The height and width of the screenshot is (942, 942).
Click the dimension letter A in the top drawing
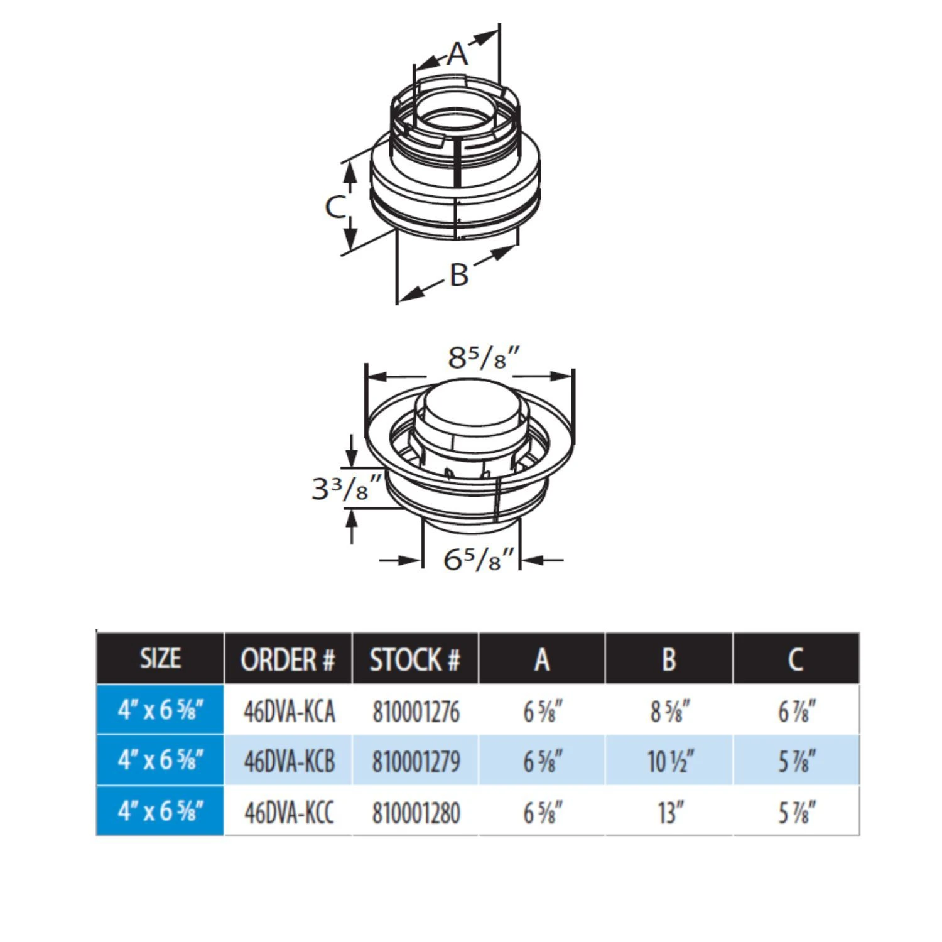point(458,54)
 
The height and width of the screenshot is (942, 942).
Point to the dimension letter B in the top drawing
point(459,274)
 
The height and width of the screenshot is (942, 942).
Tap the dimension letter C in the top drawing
point(335,206)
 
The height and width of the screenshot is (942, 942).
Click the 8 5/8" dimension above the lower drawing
point(484,358)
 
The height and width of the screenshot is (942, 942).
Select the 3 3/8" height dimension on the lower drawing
point(347,488)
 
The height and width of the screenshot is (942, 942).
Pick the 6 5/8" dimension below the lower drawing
point(479,559)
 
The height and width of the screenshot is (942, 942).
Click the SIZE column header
point(160,659)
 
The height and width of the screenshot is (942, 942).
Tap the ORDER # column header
point(288,659)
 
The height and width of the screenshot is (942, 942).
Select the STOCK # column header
point(415,659)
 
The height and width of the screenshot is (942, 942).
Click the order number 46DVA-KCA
point(289,712)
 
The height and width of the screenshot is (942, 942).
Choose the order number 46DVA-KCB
point(289,761)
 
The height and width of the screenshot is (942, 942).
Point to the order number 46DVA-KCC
point(289,812)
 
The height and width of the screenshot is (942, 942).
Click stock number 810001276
point(416,712)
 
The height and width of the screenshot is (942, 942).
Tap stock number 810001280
point(416,812)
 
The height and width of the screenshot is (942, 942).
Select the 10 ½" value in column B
point(670,761)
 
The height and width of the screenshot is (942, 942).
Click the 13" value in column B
point(670,812)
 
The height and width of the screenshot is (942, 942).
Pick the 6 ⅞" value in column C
point(796,712)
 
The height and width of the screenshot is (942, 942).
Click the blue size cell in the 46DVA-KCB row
point(160,761)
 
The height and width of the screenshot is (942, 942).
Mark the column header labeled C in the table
point(796,659)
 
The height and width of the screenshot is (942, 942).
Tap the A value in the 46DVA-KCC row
point(543,812)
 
